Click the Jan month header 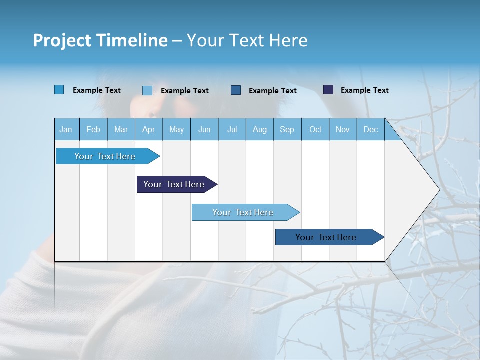pyautogui.click(x=66, y=130)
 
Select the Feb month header pyautogui.click(x=93, y=130)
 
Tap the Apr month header pyautogui.click(x=149, y=130)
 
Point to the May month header pyautogui.click(x=176, y=130)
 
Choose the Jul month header pyautogui.click(x=232, y=130)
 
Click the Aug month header pyautogui.click(x=260, y=130)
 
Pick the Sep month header pyautogui.click(x=287, y=130)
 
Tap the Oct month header pyautogui.click(x=315, y=130)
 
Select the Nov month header pyautogui.click(x=343, y=130)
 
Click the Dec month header pyautogui.click(x=371, y=130)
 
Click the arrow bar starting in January pyautogui.click(x=105, y=156)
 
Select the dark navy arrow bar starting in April pyautogui.click(x=174, y=184)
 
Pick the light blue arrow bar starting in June pyautogui.click(x=243, y=212)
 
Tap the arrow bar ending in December pyautogui.click(x=326, y=237)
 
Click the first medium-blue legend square pyautogui.click(x=59, y=90)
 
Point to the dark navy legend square pyautogui.click(x=328, y=90)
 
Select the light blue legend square pyautogui.click(x=147, y=90)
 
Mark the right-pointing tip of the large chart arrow pyautogui.click(x=439, y=190)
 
